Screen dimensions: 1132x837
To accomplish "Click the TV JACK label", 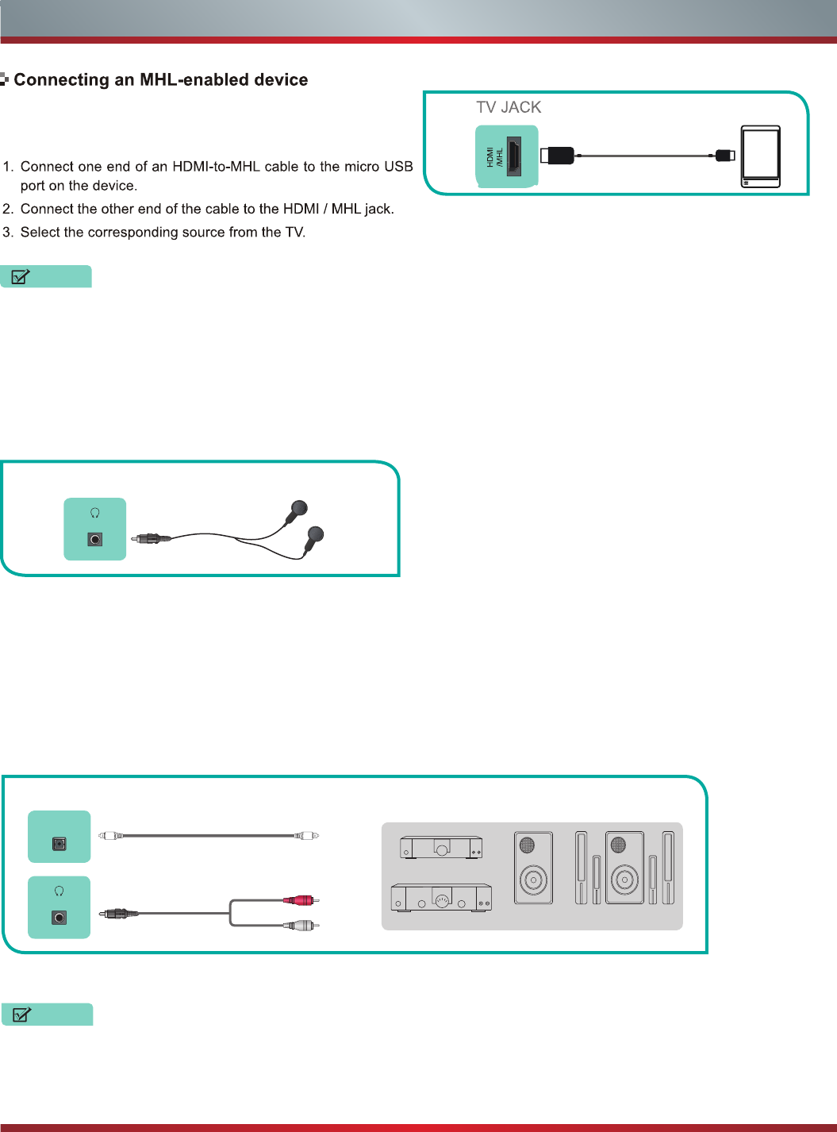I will click(x=509, y=107).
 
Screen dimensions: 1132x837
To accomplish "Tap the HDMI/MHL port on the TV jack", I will click(x=514, y=156).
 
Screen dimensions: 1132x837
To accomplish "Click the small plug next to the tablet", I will click(x=724, y=156).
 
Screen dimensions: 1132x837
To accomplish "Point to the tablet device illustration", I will click(x=760, y=156).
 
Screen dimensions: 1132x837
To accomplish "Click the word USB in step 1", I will click(x=398, y=167).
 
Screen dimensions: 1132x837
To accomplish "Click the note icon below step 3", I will click(x=21, y=277).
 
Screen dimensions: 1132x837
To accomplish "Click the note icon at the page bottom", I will click(x=22, y=1015).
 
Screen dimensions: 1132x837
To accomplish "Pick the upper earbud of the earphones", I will click(x=298, y=510).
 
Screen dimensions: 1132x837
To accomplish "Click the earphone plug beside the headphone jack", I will click(x=152, y=538).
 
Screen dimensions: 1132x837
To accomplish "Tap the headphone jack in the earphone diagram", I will click(x=95, y=540).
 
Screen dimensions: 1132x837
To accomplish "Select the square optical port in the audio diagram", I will click(x=60, y=844).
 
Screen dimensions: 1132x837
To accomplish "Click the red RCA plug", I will click(x=300, y=900).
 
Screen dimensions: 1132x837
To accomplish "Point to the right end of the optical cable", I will click(x=307, y=835).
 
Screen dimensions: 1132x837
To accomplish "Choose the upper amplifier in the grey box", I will click(x=441, y=847).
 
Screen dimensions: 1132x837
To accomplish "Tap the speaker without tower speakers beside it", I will click(x=533, y=868).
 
